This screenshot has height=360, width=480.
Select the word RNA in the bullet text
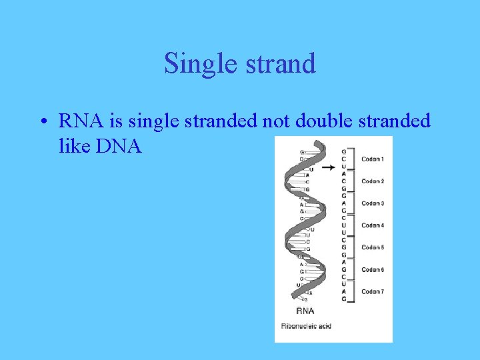[79, 121]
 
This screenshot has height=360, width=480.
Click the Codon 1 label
[372, 159]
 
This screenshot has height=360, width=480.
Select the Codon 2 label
[372, 181]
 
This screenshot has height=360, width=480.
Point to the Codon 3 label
[372, 203]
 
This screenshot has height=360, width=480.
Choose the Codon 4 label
[372, 225]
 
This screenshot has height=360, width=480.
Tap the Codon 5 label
[372, 247]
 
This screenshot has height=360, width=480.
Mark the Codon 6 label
[372, 269]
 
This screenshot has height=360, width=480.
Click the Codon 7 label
[372, 291]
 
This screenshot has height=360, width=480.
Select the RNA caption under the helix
[305, 310]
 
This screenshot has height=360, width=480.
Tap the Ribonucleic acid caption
[306, 326]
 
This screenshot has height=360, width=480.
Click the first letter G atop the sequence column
[344, 151]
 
